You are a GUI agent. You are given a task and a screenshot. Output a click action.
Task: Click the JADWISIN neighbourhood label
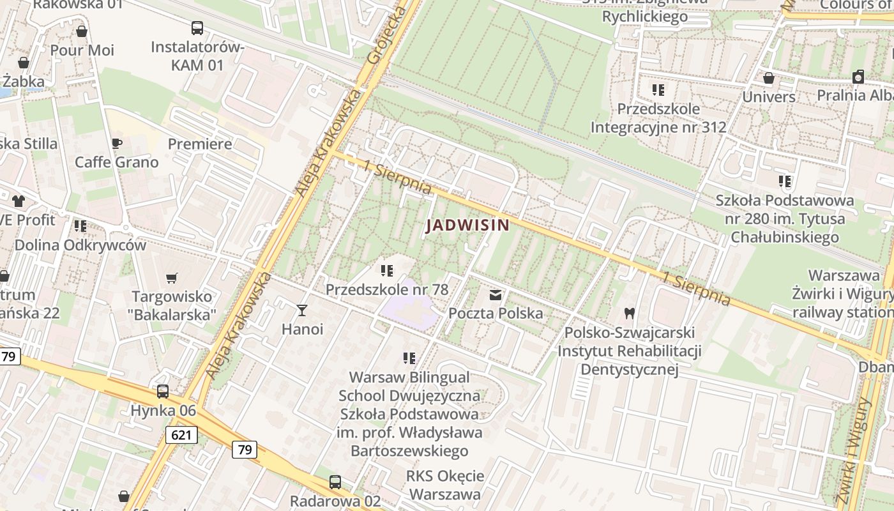(x=467, y=225)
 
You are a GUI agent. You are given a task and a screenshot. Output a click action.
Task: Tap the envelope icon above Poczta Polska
(x=496, y=295)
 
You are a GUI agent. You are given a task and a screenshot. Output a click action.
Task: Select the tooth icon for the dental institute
(x=629, y=313)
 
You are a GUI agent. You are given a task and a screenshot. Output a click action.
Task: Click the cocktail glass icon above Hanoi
(x=302, y=310)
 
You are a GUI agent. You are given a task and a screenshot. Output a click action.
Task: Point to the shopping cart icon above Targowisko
(x=171, y=278)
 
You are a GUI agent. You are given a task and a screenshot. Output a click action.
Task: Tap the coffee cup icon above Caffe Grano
(x=116, y=143)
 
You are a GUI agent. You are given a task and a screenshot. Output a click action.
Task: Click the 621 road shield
(x=181, y=436)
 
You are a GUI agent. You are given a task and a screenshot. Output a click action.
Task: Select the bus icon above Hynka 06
(x=163, y=392)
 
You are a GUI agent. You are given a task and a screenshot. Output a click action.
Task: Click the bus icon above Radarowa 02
(x=335, y=482)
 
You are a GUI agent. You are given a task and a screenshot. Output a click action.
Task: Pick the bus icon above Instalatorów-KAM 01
(x=197, y=28)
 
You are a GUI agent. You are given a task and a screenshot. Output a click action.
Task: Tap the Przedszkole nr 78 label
(x=387, y=289)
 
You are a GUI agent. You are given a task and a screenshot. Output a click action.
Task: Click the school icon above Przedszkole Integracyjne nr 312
(x=658, y=90)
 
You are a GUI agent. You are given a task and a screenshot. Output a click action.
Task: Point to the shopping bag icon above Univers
(x=769, y=78)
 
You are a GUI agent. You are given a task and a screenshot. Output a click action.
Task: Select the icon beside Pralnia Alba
(x=858, y=77)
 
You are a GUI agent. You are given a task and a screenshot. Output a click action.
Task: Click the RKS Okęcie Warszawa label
(x=445, y=485)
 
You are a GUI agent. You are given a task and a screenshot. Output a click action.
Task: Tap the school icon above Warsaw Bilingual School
(x=409, y=358)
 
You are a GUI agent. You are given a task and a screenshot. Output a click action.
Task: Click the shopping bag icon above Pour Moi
(x=82, y=31)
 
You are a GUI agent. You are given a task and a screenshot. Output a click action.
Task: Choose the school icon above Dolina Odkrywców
(x=80, y=226)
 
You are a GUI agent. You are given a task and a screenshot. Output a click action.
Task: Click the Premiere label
(x=200, y=144)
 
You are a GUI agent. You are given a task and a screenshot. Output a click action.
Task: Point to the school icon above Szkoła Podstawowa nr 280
(x=784, y=181)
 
